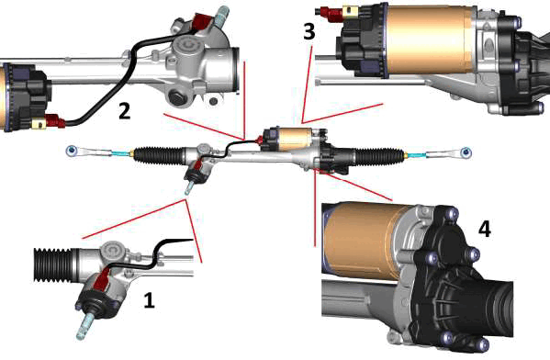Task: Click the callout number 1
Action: pyautogui.click(x=149, y=300)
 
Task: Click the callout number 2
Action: pyautogui.click(x=125, y=110)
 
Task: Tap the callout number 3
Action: pyautogui.click(x=309, y=31)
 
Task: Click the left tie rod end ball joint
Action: pyautogui.click(x=72, y=151)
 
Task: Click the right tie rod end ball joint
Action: pyautogui.click(x=466, y=152)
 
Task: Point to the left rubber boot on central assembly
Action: pyautogui.click(x=158, y=155)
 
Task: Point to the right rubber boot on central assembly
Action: pyautogui.click(x=379, y=156)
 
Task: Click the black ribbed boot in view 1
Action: pyautogui.click(x=52, y=264)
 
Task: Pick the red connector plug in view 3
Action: pyautogui.click(x=331, y=13)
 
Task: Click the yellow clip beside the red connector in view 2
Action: pyautogui.click(x=39, y=123)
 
